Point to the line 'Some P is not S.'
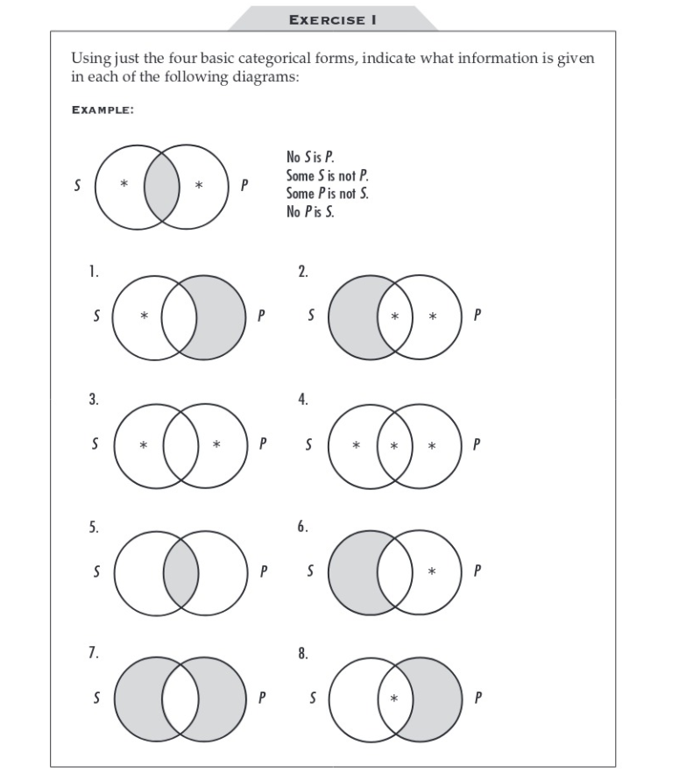click(x=328, y=194)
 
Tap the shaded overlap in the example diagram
click(x=162, y=186)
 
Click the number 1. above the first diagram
click(x=93, y=271)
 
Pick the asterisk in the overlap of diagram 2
click(x=395, y=316)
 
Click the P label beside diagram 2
click(x=477, y=316)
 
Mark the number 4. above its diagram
click(x=303, y=399)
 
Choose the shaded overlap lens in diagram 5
click(x=181, y=572)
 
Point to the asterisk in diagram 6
click(x=432, y=572)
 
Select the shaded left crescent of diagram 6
click(x=355, y=572)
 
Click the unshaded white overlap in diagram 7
click(x=181, y=699)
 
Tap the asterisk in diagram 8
click(x=395, y=699)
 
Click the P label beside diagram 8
click(x=477, y=699)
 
